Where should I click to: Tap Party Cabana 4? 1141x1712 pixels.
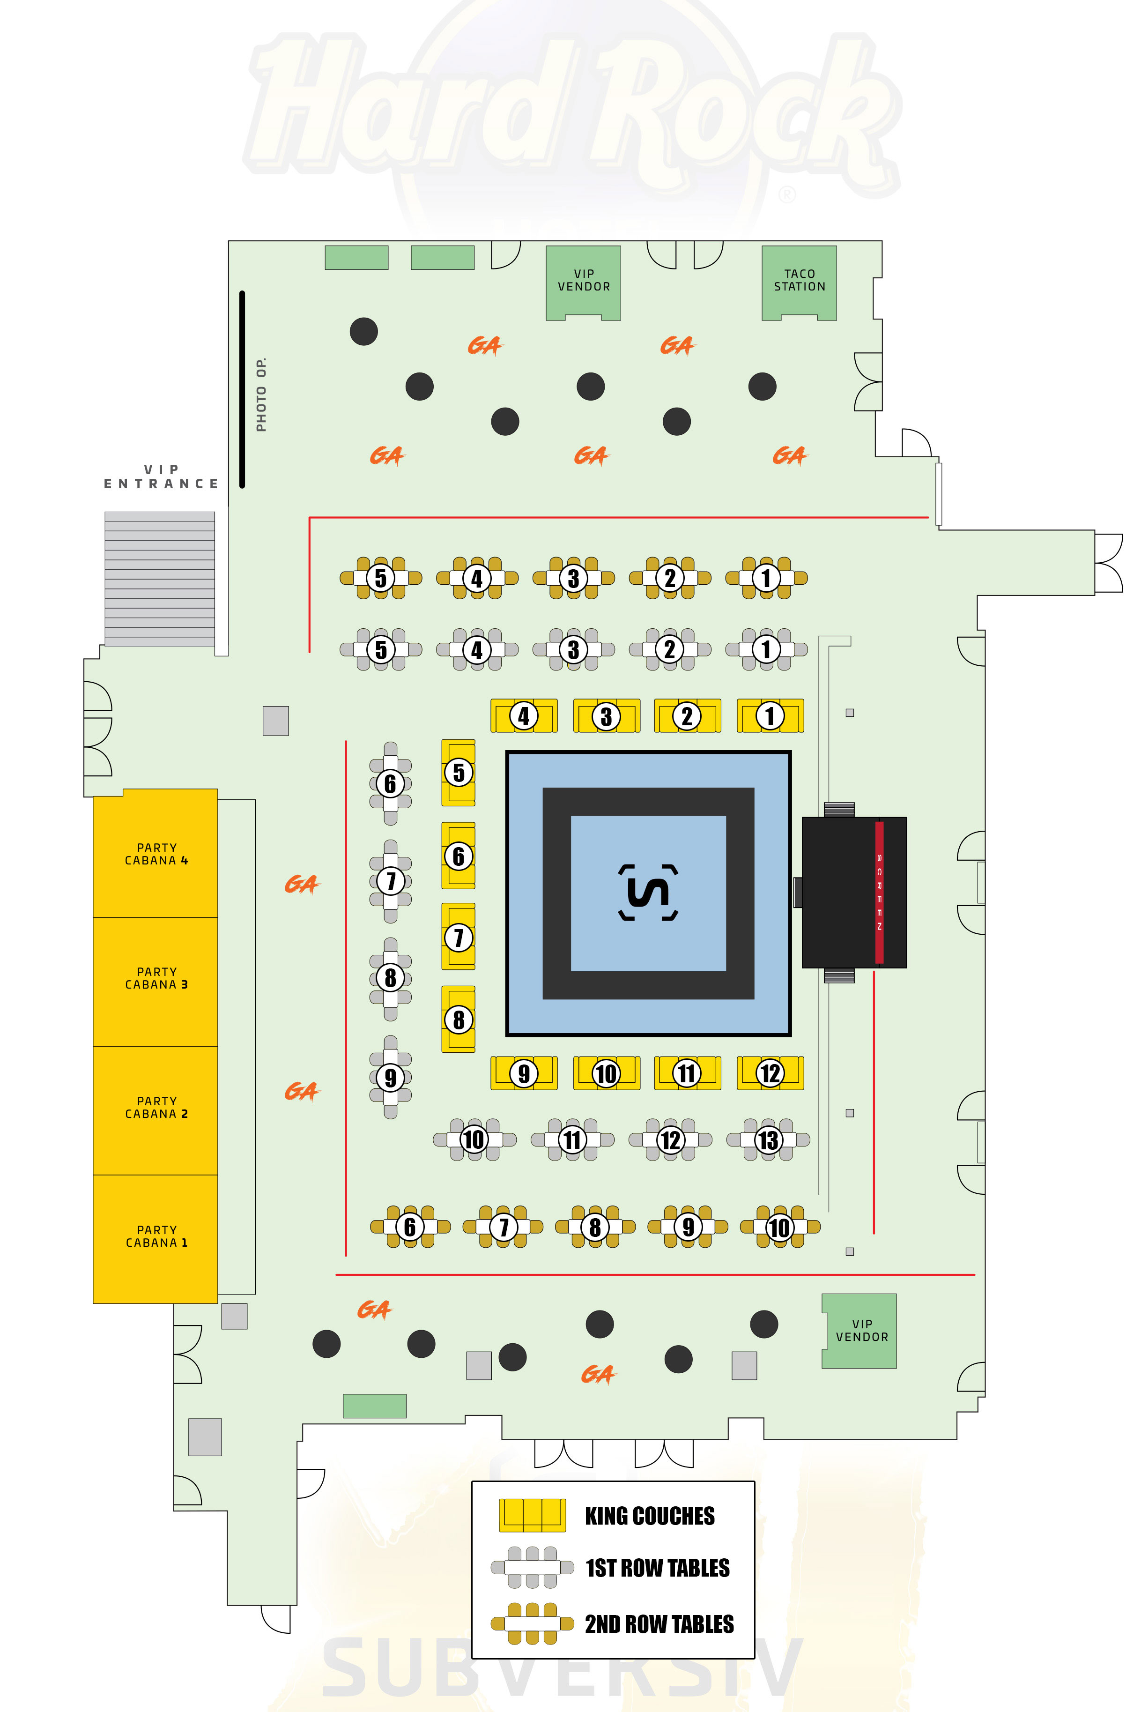(x=156, y=854)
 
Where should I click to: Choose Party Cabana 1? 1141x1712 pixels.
(x=156, y=1237)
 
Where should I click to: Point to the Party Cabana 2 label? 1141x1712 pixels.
(x=156, y=1108)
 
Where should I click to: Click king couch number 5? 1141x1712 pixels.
(x=459, y=772)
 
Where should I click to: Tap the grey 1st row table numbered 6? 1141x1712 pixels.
(x=390, y=784)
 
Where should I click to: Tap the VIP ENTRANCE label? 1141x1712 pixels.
(x=161, y=477)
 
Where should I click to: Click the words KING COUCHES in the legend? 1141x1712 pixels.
(x=650, y=1516)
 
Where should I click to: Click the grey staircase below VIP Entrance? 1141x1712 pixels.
(x=159, y=579)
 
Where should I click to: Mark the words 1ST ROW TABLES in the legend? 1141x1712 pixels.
(x=658, y=1568)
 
